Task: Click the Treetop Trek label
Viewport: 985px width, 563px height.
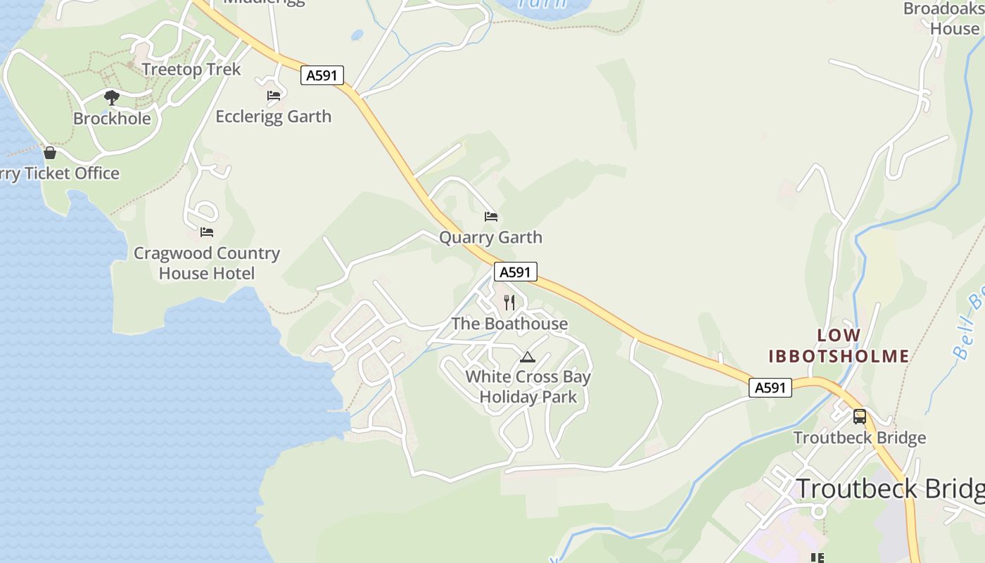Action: point(191,69)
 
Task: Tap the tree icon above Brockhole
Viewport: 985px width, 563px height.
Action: point(111,98)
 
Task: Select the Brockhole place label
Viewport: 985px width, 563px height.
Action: point(112,118)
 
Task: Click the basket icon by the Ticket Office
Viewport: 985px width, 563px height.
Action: point(50,152)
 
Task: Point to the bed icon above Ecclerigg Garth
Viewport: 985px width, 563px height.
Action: point(274,95)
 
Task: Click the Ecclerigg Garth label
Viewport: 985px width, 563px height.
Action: point(273,116)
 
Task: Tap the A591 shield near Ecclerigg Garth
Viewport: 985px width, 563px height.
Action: point(322,75)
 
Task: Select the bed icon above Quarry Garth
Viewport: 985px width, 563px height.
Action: point(491,216)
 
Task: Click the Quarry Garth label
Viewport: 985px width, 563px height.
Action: point(490,237)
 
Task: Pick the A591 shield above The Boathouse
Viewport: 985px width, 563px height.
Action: point(515,272)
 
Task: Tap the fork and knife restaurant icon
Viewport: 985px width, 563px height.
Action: point(509,303)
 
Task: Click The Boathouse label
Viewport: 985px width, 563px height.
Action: point(509,324)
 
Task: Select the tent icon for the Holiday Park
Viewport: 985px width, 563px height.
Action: point(528,357)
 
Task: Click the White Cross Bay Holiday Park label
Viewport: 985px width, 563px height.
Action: point(528,386)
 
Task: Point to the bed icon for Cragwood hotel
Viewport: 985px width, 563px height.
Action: point(206,232)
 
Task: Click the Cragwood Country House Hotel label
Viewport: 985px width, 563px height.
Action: point(207,263)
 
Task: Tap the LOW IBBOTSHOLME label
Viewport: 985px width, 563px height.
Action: point(839,346)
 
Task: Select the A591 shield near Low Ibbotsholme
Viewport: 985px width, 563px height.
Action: point(770,387)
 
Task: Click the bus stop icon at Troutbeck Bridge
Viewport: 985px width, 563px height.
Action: point(860,416)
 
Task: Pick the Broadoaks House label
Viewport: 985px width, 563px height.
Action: point(943,19)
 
